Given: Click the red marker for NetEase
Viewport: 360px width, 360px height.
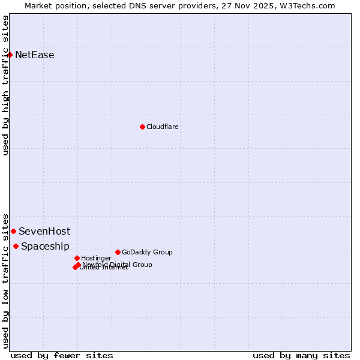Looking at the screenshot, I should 10,55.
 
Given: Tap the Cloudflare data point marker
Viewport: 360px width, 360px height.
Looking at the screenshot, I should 142,127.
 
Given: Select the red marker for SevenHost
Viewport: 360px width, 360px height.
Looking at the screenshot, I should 13,231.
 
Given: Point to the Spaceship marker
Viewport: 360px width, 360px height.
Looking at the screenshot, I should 16,246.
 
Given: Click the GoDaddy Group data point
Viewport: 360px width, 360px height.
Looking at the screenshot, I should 118,252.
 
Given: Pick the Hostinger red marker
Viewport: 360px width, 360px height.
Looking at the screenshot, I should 77,258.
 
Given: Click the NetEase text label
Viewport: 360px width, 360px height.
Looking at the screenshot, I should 35,55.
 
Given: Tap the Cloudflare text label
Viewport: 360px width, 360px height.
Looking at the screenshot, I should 163,127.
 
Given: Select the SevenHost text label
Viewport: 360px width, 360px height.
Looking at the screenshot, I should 44,231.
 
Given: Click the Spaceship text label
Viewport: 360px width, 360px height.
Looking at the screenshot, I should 45,246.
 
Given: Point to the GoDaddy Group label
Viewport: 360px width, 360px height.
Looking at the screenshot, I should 147,252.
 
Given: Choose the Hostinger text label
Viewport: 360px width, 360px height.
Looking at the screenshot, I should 96,258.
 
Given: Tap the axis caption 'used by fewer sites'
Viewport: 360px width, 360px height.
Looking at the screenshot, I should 62,355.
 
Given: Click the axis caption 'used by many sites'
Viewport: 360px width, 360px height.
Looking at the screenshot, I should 301,355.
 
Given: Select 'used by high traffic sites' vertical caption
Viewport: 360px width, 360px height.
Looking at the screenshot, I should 5,85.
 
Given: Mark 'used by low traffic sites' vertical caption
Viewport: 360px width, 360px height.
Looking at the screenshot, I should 5,280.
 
